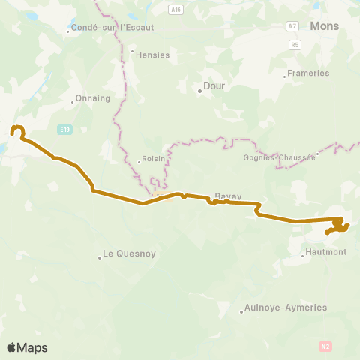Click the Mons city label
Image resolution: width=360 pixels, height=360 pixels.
[324, 25]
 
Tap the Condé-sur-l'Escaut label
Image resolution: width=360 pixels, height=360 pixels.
[112, 28]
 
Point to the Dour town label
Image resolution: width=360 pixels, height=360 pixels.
[217, 86]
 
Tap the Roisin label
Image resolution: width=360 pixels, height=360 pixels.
[153, 160]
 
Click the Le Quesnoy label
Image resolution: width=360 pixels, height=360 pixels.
[130, 253]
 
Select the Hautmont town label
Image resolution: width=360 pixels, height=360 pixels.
[327, 253]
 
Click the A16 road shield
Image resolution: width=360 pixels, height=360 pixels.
[175, 9]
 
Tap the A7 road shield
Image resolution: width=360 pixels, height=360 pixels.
[292, 25]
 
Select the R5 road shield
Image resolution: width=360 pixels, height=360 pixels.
[295, 44]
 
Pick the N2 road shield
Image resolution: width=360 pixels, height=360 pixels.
[325, 346]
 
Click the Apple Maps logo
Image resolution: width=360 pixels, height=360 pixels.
[28, 347]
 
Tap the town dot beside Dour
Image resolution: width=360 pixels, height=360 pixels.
[200, 91]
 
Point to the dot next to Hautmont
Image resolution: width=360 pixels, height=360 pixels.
[303, 256]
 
